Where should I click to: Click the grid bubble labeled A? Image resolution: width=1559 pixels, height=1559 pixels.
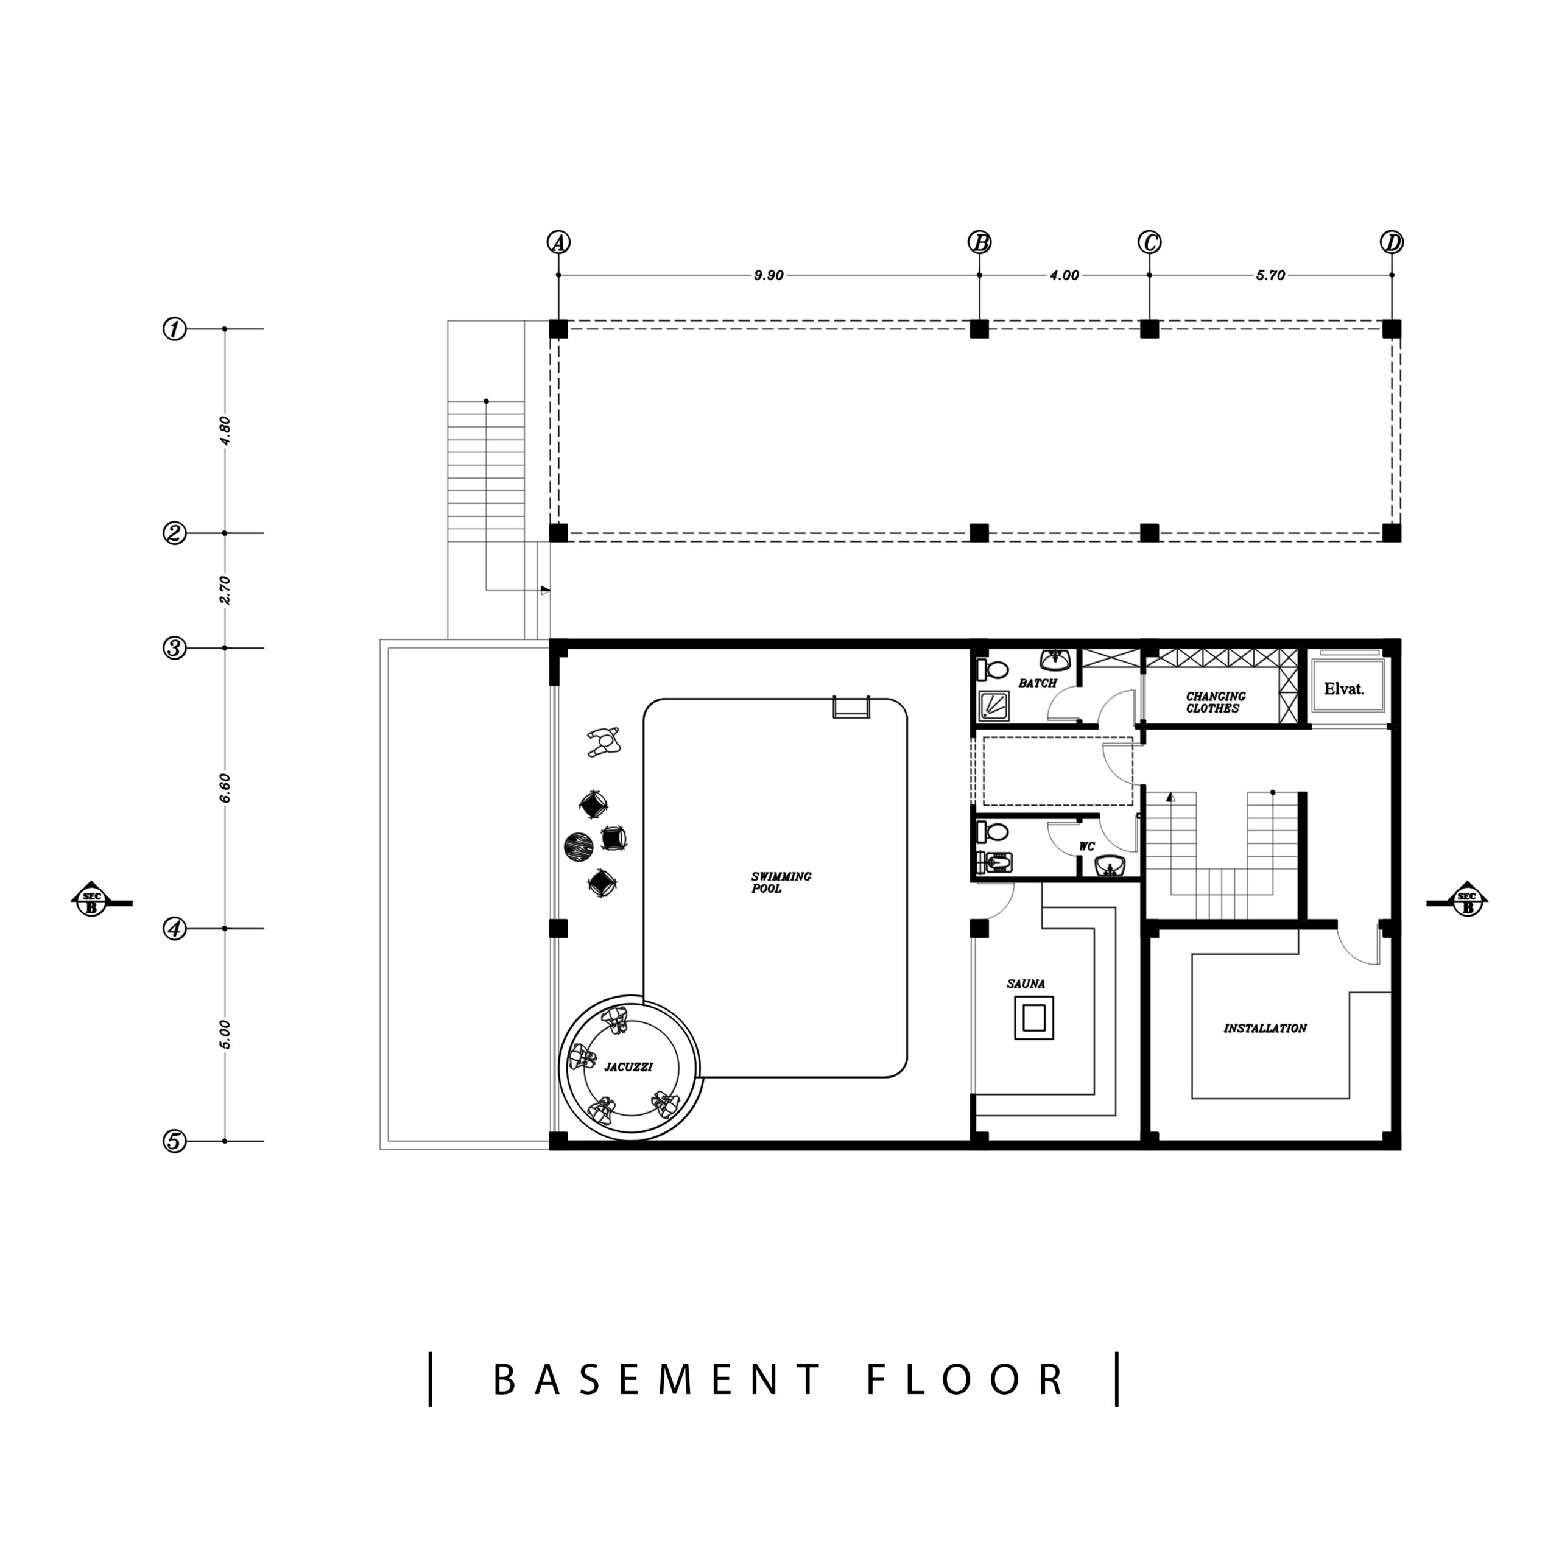click(x=558, y=242)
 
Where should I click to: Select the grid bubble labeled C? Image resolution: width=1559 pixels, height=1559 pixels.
click(x=1149, y=242)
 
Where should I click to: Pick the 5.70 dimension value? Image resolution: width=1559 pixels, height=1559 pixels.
click(x=1270, y=275)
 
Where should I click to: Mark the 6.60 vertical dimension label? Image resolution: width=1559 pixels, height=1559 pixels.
click(x=225, y=787)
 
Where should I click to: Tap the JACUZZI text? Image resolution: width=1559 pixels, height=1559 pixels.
click(x=628, y=1067)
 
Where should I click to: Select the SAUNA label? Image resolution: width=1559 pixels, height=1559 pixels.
click(x=1026, y=984)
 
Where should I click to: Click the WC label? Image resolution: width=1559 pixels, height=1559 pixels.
click(x=1087, y=846)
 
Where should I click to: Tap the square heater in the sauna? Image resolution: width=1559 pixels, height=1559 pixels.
click(x=1033, y=1018)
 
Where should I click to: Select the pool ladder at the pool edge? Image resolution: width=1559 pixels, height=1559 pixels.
click(x=851, y=707)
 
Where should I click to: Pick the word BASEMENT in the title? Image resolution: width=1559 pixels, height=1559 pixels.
click(x=658, y=1380)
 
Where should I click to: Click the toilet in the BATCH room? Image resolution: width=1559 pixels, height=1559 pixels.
click(x=993, y=670)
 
